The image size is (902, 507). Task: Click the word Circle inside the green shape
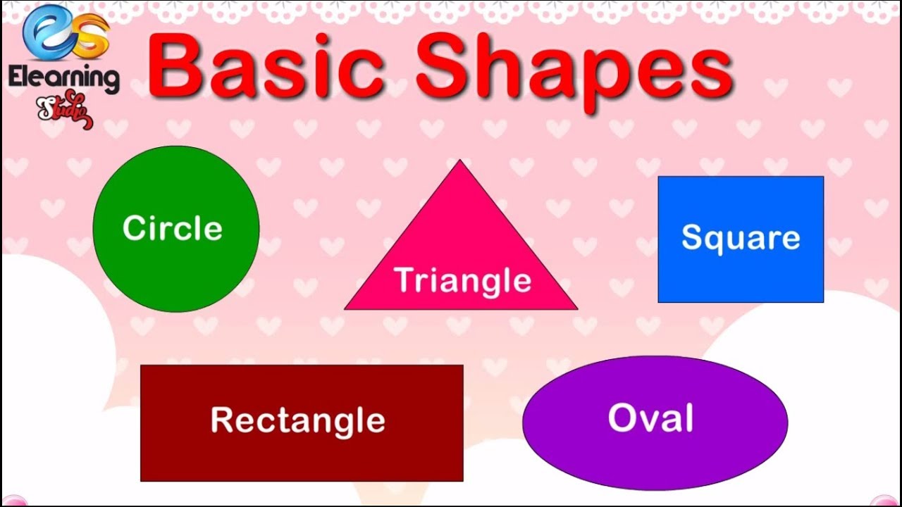tap(173, 228)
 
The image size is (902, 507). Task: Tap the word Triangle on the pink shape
tap(463, 280)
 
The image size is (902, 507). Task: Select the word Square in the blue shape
tap(741, 238)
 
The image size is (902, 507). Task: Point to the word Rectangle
tap(298, 420)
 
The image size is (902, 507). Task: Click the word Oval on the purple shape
tap(650, 418)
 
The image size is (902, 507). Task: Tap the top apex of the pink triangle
tap(460, 161)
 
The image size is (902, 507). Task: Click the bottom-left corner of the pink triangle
tap(346, 308)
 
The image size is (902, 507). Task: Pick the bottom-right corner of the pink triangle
tap(576, 308)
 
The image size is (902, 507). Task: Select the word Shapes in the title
tap(574, 70)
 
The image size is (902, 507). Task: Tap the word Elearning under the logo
tap(63, 77)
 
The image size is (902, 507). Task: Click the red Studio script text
tap(63, 109)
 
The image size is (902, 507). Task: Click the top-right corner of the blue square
tap(822, 177)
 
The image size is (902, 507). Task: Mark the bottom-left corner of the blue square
tap(659, 301)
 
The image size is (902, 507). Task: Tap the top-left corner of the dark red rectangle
tap(142, 366)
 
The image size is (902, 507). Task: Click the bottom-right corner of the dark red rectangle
tap(462, 480)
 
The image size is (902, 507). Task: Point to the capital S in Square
tap(692, 238)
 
